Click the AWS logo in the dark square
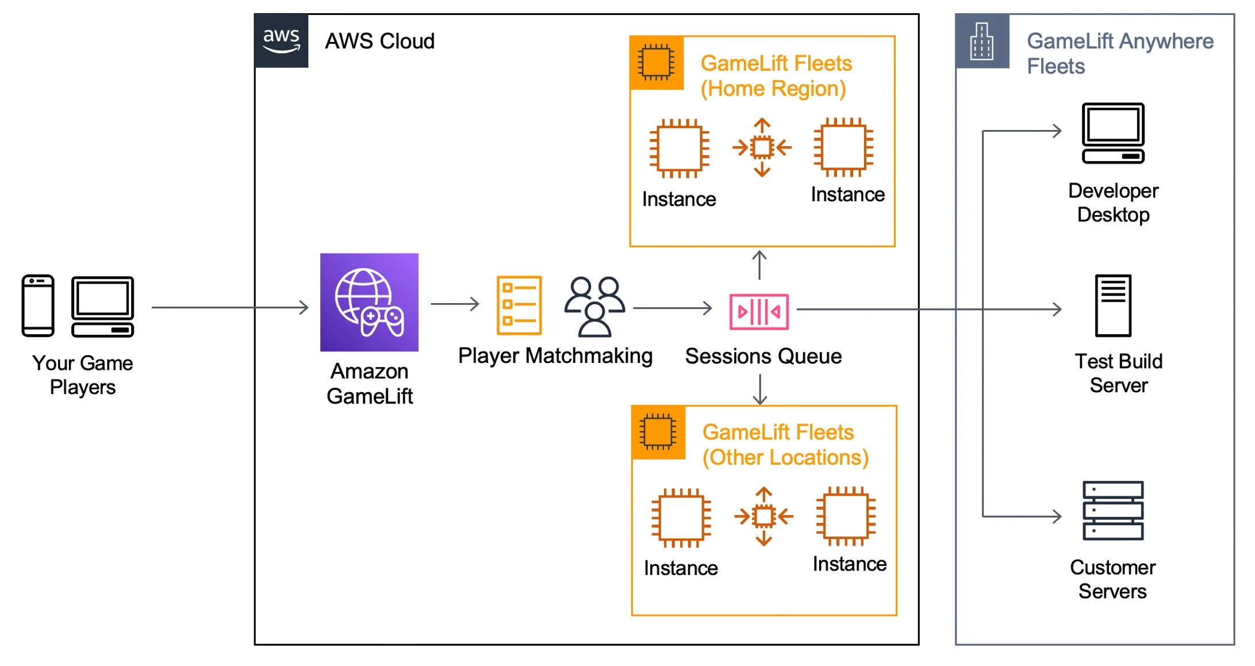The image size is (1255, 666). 281,41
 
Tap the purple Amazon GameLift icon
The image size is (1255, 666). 369,303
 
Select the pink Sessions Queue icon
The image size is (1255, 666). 759,312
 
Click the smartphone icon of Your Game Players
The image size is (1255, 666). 38,305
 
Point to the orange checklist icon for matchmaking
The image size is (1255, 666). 519,305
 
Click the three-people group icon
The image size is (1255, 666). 594,307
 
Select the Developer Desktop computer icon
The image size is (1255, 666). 1113,133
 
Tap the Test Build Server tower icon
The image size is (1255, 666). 1113,305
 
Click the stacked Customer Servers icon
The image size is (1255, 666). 1113,511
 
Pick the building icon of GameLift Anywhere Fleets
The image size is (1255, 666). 982,41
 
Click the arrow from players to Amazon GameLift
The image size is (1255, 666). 230,308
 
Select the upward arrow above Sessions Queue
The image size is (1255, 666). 759,265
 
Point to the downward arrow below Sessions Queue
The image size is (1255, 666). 760,390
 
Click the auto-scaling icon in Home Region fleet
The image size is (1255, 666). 762,148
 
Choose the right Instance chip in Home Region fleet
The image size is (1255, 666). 843,147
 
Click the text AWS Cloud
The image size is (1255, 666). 379,41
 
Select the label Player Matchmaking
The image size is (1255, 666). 555,356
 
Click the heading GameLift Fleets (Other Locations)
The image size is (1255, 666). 785,445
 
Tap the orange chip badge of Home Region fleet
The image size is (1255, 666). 657,63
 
